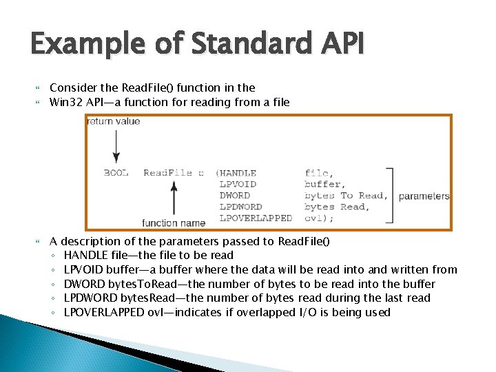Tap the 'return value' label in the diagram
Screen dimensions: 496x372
(x=114, y=121)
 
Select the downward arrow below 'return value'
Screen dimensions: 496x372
(x=116, y=146)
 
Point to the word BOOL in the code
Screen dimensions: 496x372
(x=116, y=173)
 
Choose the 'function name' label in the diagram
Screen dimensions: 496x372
(x=174, y=223)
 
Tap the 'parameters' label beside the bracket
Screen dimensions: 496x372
(x=424, y=196)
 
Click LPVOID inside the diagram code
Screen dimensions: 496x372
(x=238, y=184)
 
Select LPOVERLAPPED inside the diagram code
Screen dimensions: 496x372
(x=256, y=218)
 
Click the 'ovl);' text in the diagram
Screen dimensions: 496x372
(x=318, y=218)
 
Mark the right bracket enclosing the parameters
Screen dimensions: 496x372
(x=391, y=195)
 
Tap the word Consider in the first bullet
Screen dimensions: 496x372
(x=74, y=87)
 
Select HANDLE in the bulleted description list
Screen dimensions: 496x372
(x=85, y=255)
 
